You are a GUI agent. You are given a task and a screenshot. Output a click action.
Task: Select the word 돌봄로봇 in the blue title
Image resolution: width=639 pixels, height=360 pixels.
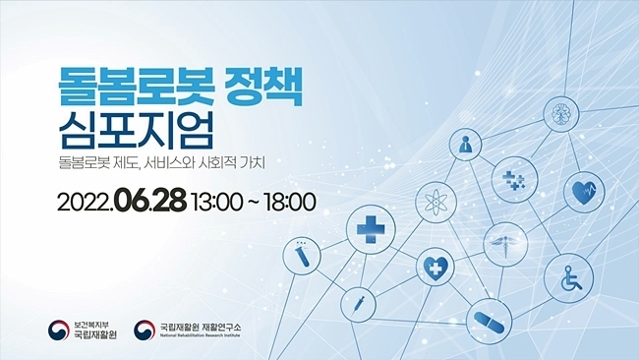[x=137, y=87]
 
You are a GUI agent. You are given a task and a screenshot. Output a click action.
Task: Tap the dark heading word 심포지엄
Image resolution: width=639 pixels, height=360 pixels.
[x=136, y=131]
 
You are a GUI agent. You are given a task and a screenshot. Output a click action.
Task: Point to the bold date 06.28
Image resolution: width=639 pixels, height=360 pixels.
[x=151, y=201]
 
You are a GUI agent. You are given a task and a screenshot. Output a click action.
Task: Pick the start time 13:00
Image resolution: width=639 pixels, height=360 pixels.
[x=217, y=202]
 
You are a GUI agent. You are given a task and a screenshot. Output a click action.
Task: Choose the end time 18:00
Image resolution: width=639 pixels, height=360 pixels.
[x=290, y=202]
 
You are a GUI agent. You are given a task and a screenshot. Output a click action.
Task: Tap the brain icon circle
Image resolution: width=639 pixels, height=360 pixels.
[x=561, y=113]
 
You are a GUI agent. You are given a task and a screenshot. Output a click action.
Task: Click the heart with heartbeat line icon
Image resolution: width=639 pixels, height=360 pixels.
[x=584, y=192]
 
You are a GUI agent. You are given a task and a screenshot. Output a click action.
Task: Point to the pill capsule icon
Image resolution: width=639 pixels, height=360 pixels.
[x=489, y=322]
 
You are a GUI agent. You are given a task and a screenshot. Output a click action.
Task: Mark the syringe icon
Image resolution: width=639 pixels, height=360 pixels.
[x=358, y=304]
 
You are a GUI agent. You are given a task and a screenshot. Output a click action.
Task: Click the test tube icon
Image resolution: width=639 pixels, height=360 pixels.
[x=302, y=256]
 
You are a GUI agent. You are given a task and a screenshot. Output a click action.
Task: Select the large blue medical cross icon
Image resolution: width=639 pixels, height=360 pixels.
[x=371, y=229]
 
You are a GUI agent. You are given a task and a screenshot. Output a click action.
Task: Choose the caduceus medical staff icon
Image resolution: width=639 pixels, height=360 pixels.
[x=505, y=244]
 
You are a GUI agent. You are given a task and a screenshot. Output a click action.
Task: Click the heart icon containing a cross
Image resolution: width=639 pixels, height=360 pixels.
[x=435, y=267]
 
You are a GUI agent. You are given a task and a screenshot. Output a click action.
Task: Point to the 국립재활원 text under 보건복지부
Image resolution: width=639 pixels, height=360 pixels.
[x=95, y=335]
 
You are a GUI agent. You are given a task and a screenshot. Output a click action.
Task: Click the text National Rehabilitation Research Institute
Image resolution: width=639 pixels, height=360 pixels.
[x=201, y=335]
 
